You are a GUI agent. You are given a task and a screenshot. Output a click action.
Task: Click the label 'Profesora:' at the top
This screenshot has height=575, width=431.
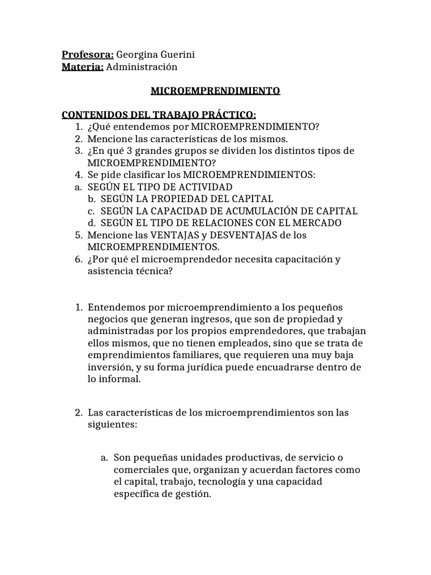(88, 54)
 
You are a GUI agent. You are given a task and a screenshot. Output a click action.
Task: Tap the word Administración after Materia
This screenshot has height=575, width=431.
(141, 67)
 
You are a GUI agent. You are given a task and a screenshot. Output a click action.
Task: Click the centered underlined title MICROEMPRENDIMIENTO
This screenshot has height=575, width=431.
(215, 90)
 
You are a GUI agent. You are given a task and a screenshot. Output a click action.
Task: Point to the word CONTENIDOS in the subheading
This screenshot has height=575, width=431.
(91, 115)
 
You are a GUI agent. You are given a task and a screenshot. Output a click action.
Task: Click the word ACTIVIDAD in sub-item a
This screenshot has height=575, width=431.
(204, 186)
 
